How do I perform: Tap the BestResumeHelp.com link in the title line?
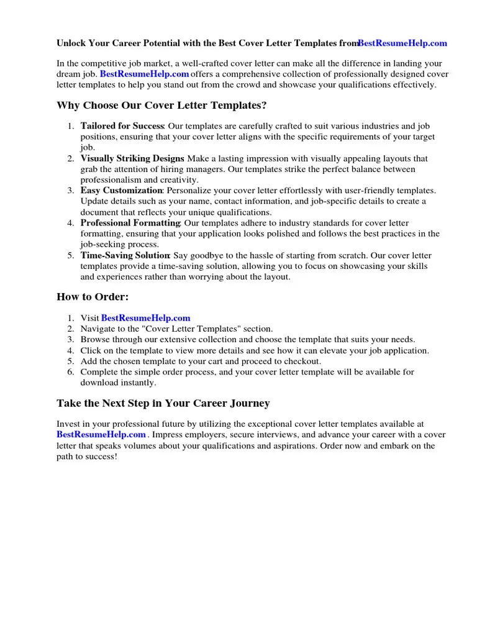[402, 43]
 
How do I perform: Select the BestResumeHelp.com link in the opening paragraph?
[144, 74]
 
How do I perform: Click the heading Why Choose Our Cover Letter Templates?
[162, 106]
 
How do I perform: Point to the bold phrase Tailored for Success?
[122, 126]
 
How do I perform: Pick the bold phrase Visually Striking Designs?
[132, 158]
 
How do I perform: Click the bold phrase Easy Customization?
[121, 191]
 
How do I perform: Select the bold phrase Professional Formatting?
[130, 223]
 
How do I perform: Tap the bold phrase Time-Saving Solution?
[125, 255]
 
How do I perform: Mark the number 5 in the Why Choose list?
[71, 255]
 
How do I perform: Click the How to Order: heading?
[93, 297]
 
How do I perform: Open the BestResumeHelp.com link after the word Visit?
[145, 318]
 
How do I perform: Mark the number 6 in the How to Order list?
[71, 372]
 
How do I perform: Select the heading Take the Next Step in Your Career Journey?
[163, 404]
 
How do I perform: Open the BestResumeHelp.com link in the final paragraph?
[101, 435]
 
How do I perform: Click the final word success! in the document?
[100, 457]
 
